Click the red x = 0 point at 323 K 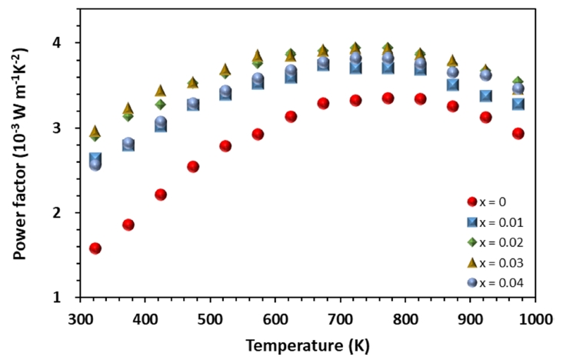[95, 248]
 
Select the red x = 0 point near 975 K [518, 134]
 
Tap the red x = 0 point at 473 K [193, 166]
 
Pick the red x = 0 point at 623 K [291, 117]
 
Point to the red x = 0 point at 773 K [388, 98]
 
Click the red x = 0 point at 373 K [128, 225]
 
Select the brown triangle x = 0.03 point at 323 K [95, 132]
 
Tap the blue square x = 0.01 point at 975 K [518, 104]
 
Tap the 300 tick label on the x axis [81, 316]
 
